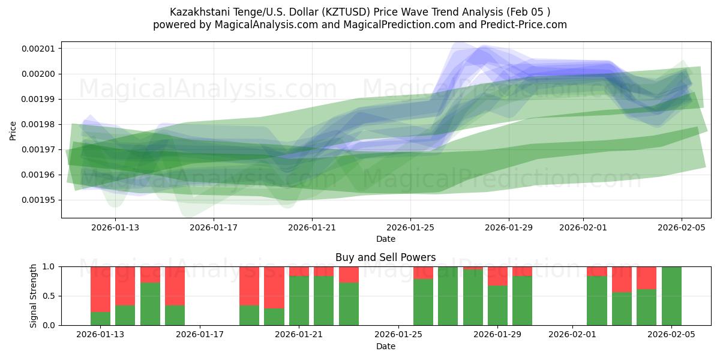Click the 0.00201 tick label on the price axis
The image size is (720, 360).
point(38,49)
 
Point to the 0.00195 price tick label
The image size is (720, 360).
point(38,200)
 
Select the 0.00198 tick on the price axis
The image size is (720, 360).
point(38,124)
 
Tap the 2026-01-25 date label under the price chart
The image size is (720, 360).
point(410,227)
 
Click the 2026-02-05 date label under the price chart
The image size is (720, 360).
point(681,227)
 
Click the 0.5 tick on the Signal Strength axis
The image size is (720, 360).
point(48,296)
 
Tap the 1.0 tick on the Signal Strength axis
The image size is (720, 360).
point(48,266)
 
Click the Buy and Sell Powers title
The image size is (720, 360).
point(385,257)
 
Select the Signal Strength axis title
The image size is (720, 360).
point(34,296)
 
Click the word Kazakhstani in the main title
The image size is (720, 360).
point(198,11)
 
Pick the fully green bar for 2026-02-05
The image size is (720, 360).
point(671,296)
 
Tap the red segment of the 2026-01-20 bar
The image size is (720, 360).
point(274,287)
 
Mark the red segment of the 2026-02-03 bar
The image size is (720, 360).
point(622,279)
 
